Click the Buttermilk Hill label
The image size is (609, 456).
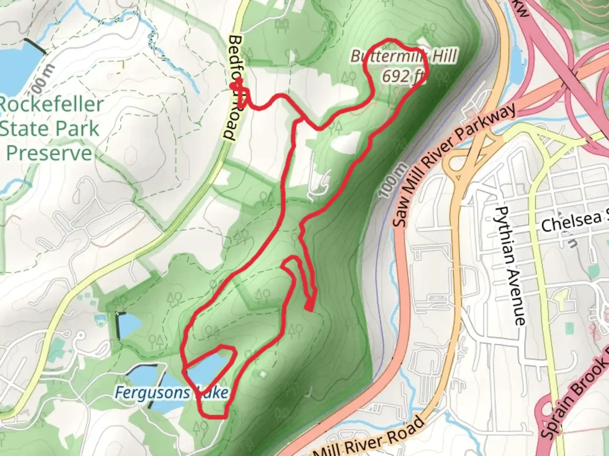point(403,56)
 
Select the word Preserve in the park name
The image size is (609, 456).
point(49,153)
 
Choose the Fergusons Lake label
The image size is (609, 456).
point(171,393)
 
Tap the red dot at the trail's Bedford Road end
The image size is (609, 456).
point(233,86)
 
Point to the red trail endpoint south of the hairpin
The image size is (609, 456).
point(309,307)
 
